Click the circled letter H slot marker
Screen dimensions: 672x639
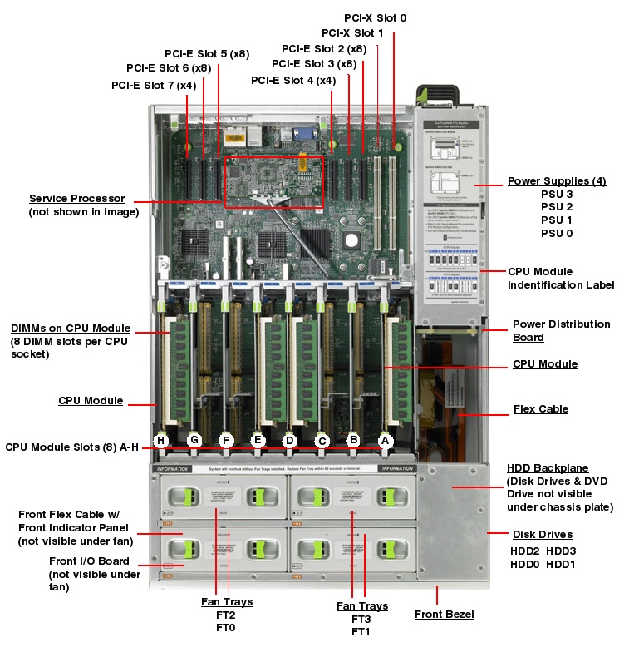(x=162, y=441)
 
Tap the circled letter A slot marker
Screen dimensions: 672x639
(x=385, y=441)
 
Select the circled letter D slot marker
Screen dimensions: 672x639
(x=290, y=441)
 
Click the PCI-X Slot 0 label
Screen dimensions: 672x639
(x=376, y=17)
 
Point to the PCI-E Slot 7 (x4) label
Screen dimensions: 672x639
(x=154, y=85)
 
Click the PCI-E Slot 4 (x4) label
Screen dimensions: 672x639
(x=293, y=81)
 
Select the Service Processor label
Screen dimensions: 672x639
(x=76, y=199)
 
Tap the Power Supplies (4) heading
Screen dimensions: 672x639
(x=558, y=181)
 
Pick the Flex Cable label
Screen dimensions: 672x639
(x=541, y=409)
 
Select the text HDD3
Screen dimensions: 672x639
(x=561, y=551)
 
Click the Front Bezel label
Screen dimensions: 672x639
(x=444, y=615)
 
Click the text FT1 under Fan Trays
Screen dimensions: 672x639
(x=361, y=632)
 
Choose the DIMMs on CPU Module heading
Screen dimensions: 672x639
(x=71, y=328)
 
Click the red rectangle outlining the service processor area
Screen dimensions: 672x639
(x=273, y=156)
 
